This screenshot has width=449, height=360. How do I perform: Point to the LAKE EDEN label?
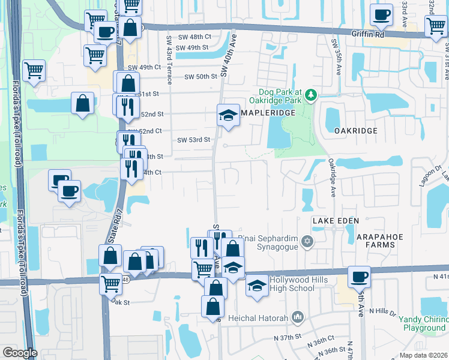click(x=336, y=221)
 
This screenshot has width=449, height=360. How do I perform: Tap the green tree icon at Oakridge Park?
click(x=310, y=94)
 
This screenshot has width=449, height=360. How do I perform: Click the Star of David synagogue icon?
click(x=307, y=241)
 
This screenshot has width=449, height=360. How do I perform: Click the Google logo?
click(x=20, y=353)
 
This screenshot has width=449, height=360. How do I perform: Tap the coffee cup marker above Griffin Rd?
click(x=381, y=15)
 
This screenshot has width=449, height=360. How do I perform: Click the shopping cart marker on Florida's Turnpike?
click(x=34, y=70)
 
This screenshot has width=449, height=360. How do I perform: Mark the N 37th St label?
click(x=285, y=337)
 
